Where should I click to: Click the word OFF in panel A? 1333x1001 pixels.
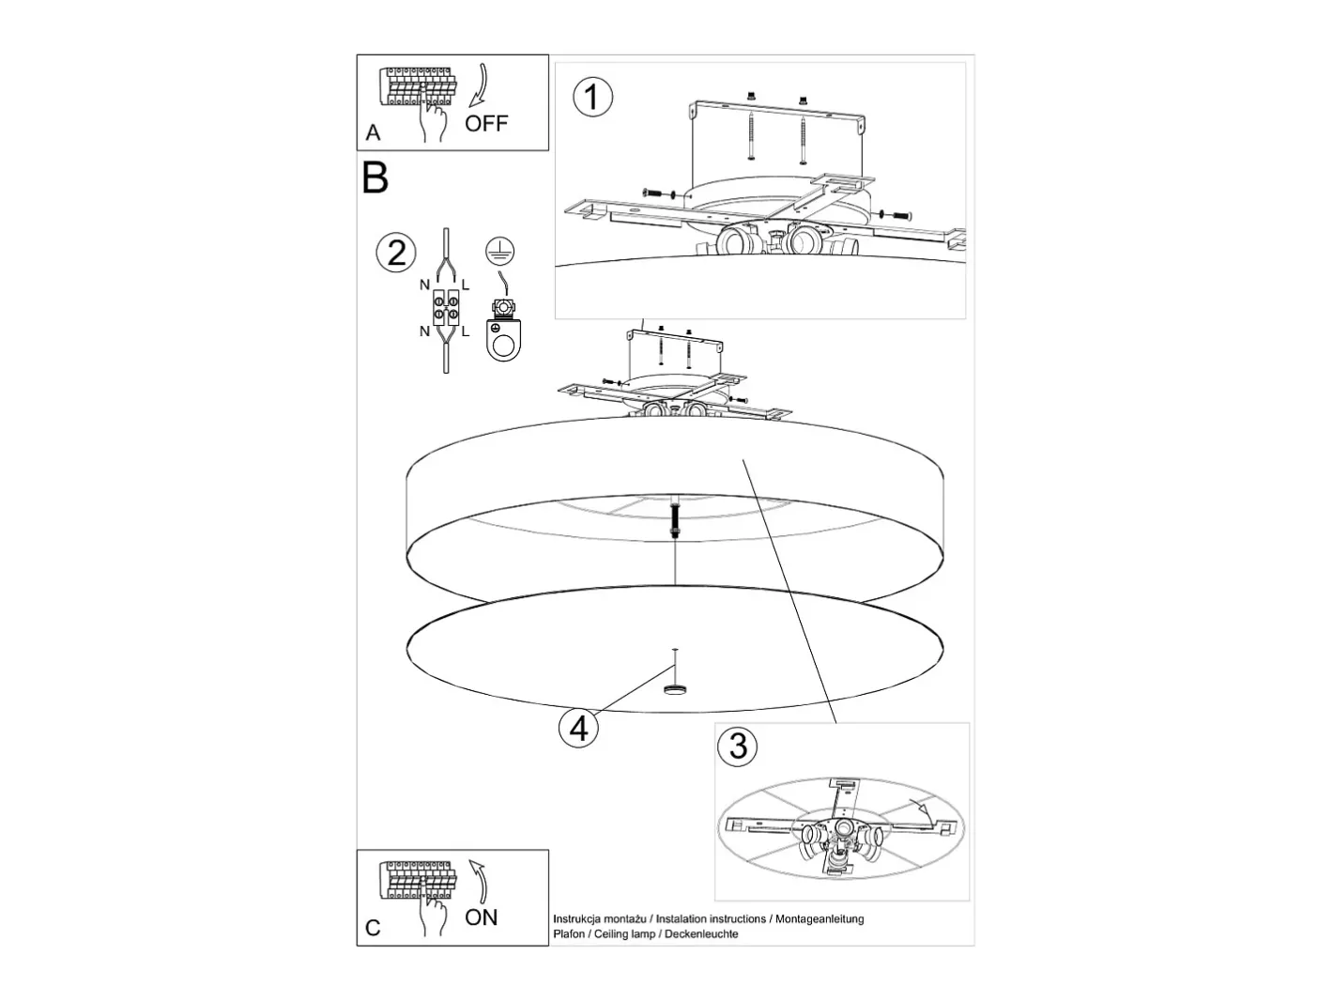(486, 123)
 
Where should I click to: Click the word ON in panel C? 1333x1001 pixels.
(481, 917)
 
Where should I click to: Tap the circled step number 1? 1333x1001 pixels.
(592, 97)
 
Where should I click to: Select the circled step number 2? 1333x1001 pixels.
(396, 253)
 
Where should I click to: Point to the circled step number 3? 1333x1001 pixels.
(737, 746)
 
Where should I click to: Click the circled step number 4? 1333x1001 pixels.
(578, 728)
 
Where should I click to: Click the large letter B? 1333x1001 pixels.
(375, 177)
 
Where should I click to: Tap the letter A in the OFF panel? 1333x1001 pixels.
(373, 132)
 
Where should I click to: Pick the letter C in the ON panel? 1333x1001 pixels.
(373, 928)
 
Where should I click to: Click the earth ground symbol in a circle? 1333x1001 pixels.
(499, 251)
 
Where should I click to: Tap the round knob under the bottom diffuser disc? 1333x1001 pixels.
(674, 689)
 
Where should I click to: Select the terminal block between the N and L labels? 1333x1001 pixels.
(445, 308)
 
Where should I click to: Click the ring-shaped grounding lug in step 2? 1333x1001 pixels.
(503, 339)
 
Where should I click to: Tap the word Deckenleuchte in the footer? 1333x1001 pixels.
(701, 934)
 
